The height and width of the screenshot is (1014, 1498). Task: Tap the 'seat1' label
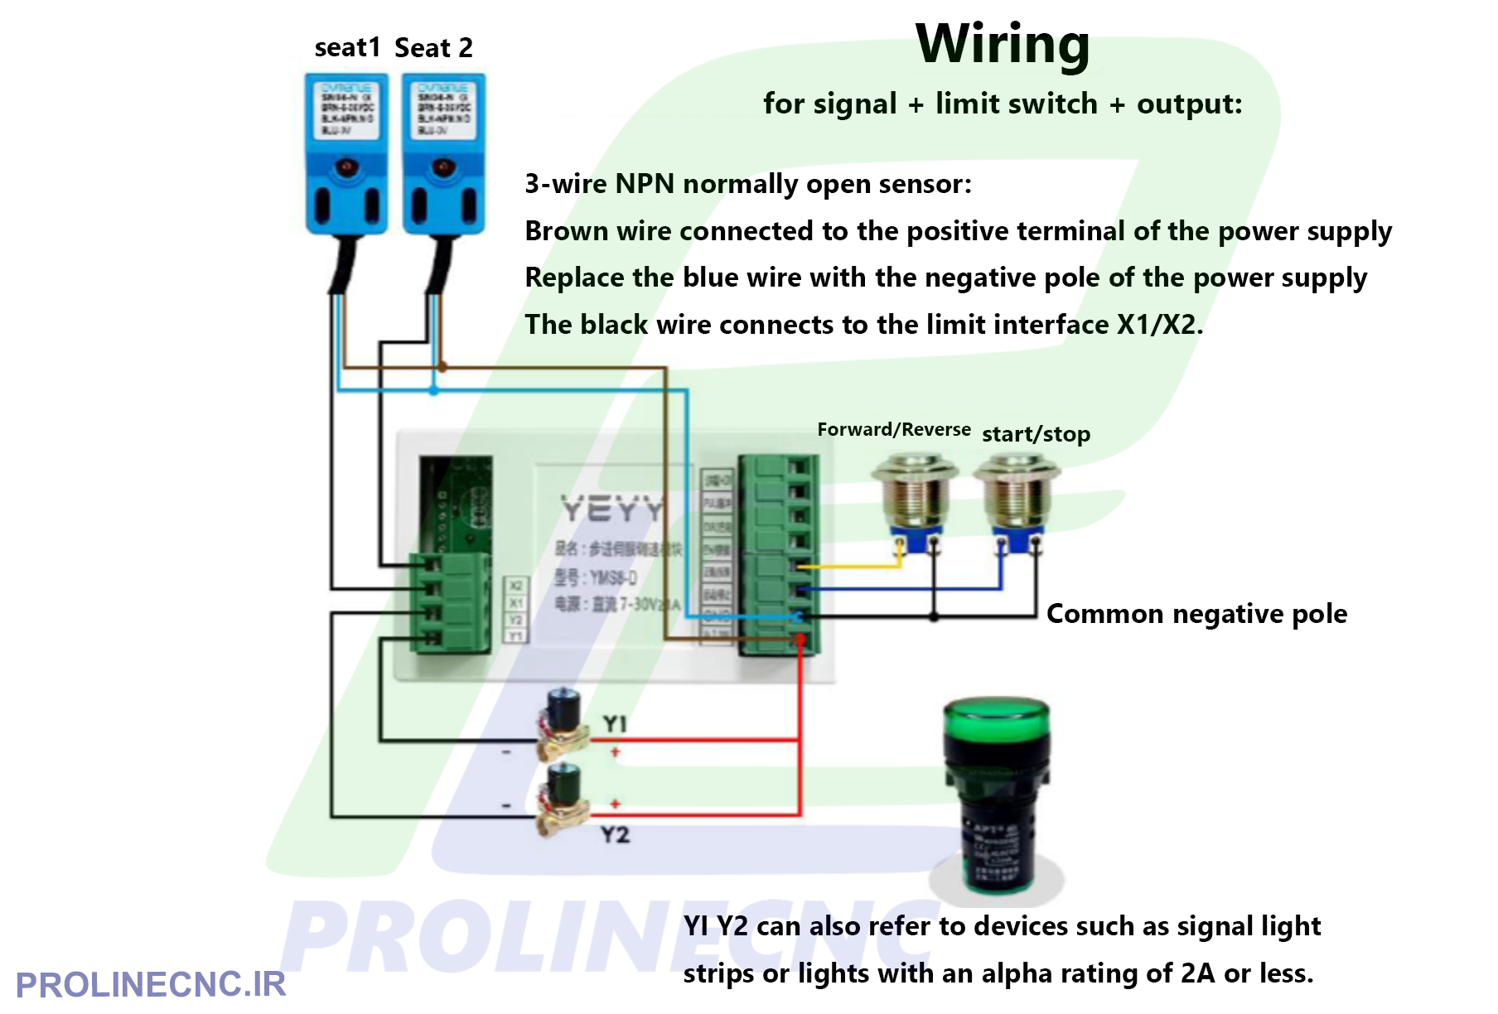(347, 48)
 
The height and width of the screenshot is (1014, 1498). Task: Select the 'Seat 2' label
(433, 48)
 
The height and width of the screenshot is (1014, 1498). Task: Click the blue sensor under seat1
(346, 153)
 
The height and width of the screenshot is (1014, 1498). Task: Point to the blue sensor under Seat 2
(443, 153)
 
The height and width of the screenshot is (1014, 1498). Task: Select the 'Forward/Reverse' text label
(893, 429)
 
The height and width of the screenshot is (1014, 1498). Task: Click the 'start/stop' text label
(1036, 434)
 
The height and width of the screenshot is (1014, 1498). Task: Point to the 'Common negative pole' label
(1196, 614)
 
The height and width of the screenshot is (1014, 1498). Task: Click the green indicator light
(997, 795)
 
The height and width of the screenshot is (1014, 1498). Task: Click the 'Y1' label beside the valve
(615, 723)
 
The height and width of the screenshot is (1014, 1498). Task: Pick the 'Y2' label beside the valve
(615, 834)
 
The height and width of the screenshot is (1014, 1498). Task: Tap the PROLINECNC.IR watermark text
(150, 985)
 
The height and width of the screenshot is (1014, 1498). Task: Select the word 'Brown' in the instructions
(566, 231)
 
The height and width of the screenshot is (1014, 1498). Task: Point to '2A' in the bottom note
(1198, 973)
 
